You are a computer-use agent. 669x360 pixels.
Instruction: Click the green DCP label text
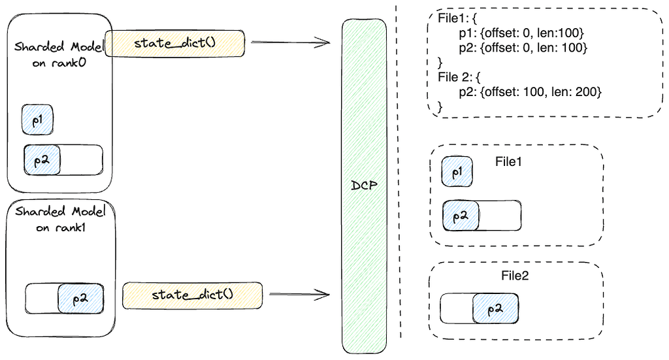coord(364,185)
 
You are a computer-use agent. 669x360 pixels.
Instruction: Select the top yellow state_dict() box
coord(175,43)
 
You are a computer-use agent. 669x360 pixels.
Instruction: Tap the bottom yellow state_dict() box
coord(193,295)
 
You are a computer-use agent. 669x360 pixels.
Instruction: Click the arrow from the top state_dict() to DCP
coord(291,42)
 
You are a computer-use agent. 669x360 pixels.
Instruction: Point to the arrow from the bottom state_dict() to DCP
coord(299,294)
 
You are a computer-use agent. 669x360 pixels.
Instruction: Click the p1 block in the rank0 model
coord(37,120)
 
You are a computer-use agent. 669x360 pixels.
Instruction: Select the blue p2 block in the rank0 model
coord(42,160)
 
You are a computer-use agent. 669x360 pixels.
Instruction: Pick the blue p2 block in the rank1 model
coord(80,299)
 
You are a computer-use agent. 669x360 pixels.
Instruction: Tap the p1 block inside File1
coord(457,171)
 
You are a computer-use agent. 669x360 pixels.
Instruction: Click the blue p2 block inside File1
coord(461,216)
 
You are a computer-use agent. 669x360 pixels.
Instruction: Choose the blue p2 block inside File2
coord(495,308)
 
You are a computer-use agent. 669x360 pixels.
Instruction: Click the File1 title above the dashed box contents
coord(508,161)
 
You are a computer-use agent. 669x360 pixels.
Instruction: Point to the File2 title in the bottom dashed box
coord(515,276)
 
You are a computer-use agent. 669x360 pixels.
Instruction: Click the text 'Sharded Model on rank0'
coord(59,55)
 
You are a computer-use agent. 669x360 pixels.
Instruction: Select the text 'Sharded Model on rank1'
coord(60,220)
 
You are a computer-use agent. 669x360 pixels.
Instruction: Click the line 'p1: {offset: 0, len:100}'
coord(521,33)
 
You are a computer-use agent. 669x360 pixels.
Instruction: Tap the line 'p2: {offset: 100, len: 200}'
coord(530,91)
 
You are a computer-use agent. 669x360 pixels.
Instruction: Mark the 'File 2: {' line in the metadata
coord(459,77)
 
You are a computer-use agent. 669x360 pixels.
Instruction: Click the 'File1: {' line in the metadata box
coord(457,18)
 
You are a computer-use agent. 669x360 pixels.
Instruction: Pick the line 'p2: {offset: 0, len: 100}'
coord(523,47)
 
